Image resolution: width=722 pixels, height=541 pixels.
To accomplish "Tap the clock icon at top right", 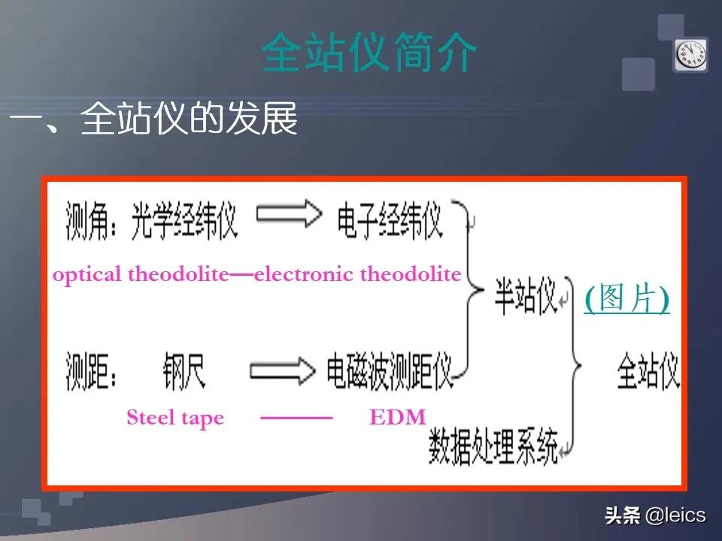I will click(x=690, y=55).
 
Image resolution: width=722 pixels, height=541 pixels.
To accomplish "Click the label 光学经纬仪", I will click(x=184, y=219).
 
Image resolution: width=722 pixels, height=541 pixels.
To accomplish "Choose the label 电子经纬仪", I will click(x=389, y=220).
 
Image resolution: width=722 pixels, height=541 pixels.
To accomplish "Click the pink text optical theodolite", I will click(x=140, y=274).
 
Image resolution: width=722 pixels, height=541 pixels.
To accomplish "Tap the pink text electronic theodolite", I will click(x=358, y=274).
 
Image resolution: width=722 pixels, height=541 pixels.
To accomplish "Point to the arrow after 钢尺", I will click(x=282, y=369).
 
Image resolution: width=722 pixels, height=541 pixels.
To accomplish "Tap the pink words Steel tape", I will click(x=175, y=418).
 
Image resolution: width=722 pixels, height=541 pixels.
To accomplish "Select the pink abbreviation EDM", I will click(x=397, y=418).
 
